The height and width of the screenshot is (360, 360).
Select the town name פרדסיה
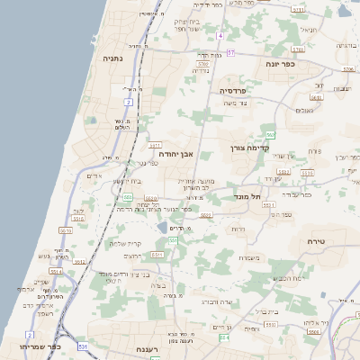(x=238, y=91)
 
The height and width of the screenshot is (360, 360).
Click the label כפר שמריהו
(x=38, y=345)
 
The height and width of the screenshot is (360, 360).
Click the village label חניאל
(x=308, y=31)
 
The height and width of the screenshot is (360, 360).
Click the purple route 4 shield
(x=219, y=35)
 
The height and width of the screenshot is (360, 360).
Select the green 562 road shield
(x=270, y=134)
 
